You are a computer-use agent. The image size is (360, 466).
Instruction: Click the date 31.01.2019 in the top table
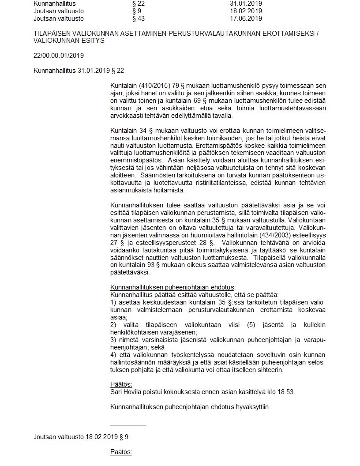(x=243, y=3)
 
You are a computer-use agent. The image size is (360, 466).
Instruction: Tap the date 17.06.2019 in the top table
(x=243, y=19)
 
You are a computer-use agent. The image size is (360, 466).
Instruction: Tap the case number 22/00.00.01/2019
(x=59, y=56)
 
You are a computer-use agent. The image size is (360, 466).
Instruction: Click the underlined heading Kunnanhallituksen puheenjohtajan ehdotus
(x=172, y=287)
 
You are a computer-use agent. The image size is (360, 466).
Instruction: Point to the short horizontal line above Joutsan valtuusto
(x=128, y=425)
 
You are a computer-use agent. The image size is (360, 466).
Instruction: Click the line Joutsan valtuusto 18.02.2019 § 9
(x=81, y=437)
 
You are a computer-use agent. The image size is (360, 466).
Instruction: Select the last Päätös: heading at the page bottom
(x=121, y=452)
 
